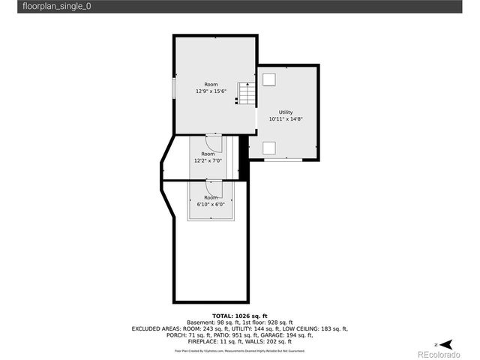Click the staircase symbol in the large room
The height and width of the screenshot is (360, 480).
point(247,94)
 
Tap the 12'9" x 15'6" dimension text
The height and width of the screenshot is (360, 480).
point(211,91)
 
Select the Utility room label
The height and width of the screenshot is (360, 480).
point(286,112)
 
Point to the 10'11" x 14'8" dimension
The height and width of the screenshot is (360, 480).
point(286,118)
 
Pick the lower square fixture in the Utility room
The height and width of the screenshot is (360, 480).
point(268,147)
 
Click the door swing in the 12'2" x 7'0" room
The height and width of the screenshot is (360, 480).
point(213,142)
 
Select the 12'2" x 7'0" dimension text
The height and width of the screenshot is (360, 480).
point(208,160)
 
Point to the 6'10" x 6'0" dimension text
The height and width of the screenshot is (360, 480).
point(211,204)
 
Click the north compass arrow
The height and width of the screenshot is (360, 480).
point(446,343)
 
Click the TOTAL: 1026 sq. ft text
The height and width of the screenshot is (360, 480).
point(240,316)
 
